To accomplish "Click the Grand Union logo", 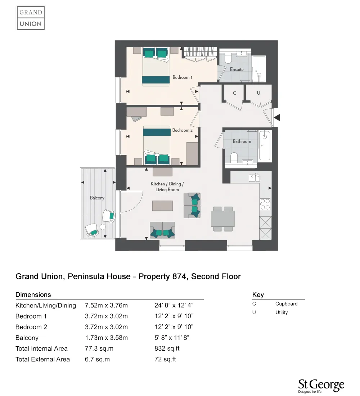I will tap(31, 18).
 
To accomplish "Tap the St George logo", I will tap(321, 386).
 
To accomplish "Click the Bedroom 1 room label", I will tap(183, 77).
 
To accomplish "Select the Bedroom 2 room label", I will tap(183, 130).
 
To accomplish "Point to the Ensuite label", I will tap(237, 69).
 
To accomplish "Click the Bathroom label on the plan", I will tap(242, 141).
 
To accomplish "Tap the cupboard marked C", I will tap(234, 93).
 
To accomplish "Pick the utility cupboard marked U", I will tap(258, 93).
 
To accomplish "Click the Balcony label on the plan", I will tap(97, 198).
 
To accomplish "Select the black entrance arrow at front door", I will tap(277, 117).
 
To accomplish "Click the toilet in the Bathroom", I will tap(234, 157).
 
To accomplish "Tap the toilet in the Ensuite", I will tap(228, 58).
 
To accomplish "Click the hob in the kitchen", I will tap(265, 204).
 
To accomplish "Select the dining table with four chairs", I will tap(223, 219).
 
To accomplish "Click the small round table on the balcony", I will tap(103, 227).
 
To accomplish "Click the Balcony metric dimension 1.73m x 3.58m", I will tap(106, 338).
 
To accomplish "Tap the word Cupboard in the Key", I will tap(286, 304).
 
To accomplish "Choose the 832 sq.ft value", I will tap(167, 348).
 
